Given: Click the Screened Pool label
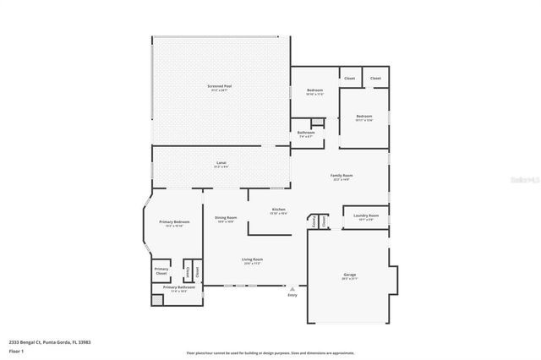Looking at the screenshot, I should click(221, 86).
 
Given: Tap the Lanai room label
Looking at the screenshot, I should click(221, 162).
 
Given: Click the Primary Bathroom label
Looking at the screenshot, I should click(179, 287).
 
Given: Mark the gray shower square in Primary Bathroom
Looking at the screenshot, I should click(157, 299).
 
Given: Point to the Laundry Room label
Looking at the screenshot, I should click(365, 215).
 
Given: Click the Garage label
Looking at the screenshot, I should click(349, 275).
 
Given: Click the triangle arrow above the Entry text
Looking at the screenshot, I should click(292, 288).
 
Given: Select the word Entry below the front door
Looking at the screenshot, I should click(292, 295).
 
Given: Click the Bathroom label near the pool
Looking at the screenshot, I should click(306, 133).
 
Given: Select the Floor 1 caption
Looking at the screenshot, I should click(16, 350).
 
